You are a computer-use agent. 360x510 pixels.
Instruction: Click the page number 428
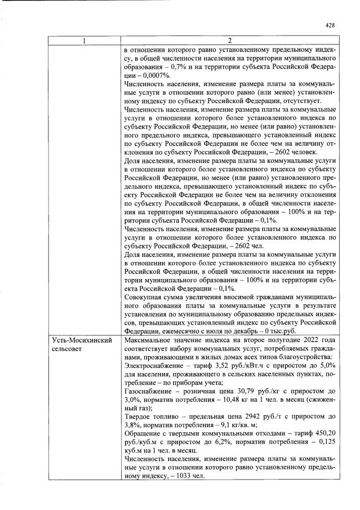point(331,25)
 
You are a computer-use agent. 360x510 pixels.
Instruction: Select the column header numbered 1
point(85,41)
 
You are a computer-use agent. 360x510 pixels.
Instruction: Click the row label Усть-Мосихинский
point(82,341)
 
